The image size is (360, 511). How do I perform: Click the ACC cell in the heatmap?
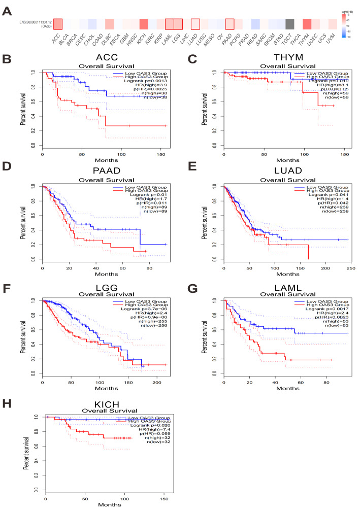57,24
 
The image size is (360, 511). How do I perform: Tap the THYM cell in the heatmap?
307,24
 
